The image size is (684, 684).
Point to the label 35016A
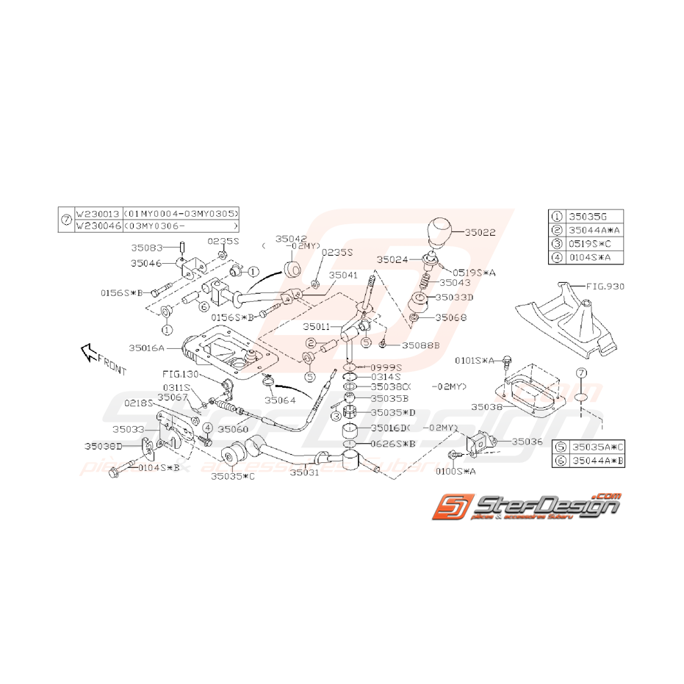coord(145,348)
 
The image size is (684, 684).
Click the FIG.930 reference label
coord(605,287)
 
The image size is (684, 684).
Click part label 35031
coord(303,474)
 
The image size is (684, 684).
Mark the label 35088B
coord(420,345)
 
